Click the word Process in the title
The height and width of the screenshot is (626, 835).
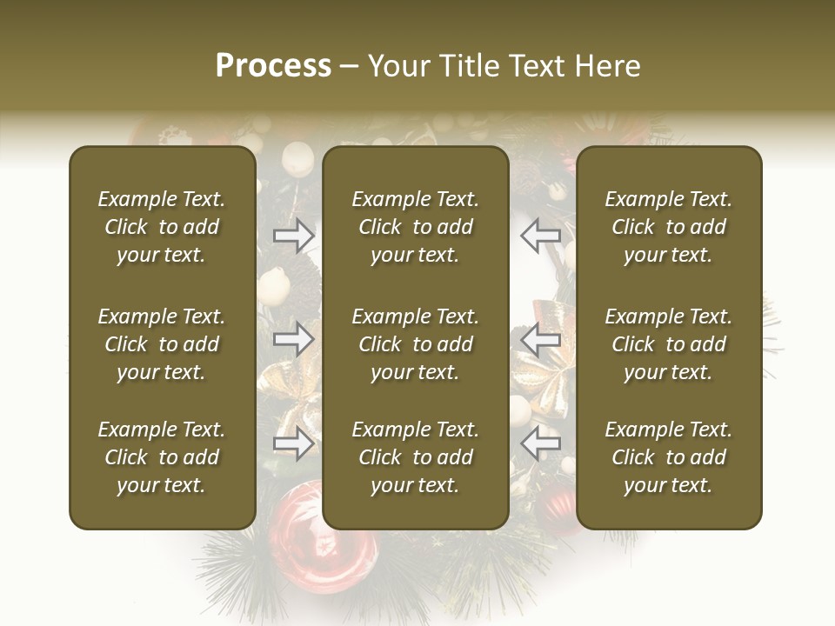coord(273,66)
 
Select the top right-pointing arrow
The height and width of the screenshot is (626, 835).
coord(294,236)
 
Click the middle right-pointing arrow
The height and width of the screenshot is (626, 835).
coord(294,339)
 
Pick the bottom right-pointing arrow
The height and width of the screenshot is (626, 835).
coord(294,443)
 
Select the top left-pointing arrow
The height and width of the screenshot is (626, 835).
coord(541,236)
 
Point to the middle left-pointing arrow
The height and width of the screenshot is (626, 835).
coord(541,339)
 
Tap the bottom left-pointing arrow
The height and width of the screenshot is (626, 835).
coord(541,443)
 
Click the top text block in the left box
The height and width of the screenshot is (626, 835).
coord(162,227)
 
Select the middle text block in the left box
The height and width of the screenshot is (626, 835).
coord(162,344)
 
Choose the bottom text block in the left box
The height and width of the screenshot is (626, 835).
coord(162,457)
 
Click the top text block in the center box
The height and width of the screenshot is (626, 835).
coord(416,227)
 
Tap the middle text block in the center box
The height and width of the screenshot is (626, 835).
coord(416,344)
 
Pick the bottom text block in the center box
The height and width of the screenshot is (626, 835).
coord(416,457)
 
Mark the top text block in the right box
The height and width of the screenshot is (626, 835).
coord(669,227)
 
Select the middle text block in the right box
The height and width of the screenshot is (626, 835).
coord(669,344)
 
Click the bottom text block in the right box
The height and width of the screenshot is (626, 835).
coord(669,457)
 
